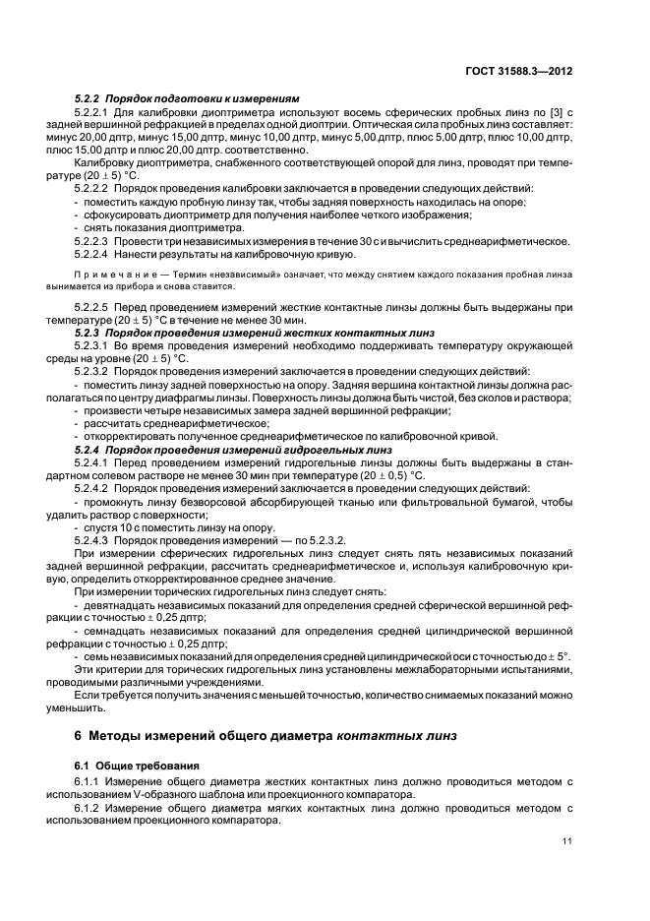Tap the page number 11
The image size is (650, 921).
[x=567, y=840]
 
